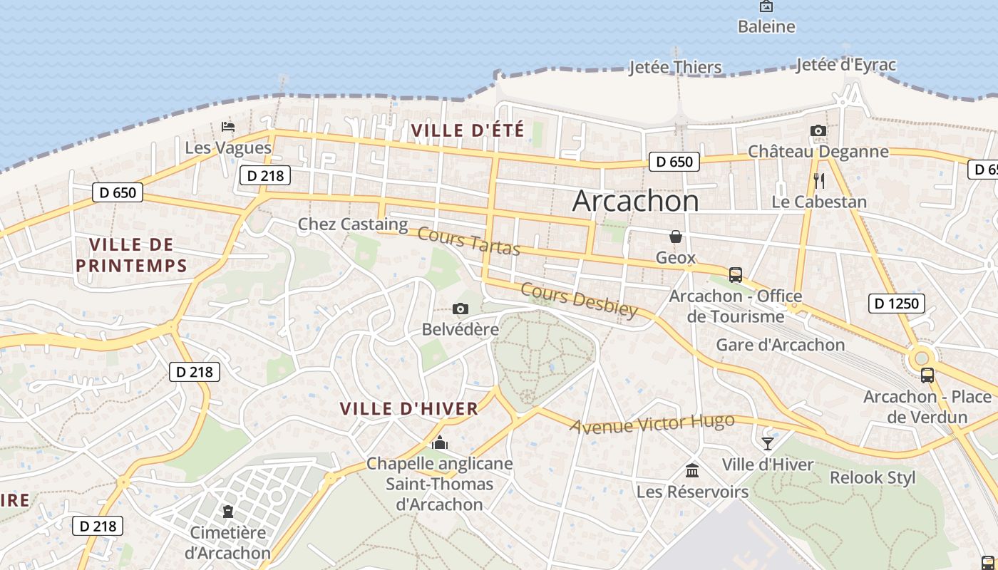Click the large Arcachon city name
(635, 201)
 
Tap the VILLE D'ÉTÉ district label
(468, 130)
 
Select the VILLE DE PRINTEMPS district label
(131, 255)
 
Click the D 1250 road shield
(897, 304)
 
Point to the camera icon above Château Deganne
(818, 130)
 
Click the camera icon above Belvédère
(461, 309)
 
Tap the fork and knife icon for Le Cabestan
(818, 181)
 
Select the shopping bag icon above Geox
(675, 237)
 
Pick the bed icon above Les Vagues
(228, 127)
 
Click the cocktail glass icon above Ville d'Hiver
(767, 443)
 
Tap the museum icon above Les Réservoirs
(691, 470)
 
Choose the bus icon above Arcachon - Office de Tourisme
(735, 274)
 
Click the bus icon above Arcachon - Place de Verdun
(927, 375)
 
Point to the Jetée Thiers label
(675, 68)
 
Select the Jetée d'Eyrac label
(845, 65)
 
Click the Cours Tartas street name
(468, 241)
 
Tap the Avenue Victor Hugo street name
(652, 423)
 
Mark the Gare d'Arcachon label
(780, 345)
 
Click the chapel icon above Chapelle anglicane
(440, 443)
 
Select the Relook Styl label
(873, 477)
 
